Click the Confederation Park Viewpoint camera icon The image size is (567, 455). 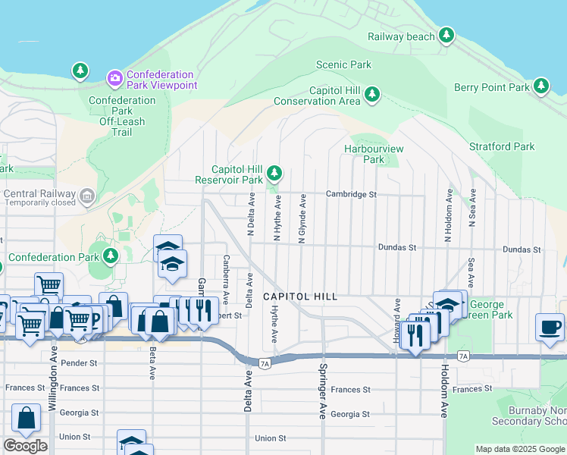click(x=115, y=77)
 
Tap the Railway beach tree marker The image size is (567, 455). click(x=446, y=35)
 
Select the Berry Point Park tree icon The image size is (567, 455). click(x=541, y=86)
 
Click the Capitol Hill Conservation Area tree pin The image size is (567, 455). click(x=371, y=94)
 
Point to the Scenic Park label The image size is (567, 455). click(x=343, y=64)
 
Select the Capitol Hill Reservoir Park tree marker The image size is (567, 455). click(x=274, y=174)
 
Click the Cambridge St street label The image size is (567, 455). click(x=351, y=194)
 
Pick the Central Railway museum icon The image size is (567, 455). click(x=87, y=197)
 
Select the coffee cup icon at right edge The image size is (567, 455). click(x=550, y=327)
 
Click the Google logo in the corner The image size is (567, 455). click(x=25, y=446)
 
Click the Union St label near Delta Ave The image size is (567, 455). click(x=271, y=438)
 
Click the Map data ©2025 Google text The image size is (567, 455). click(x=519, y=449)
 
